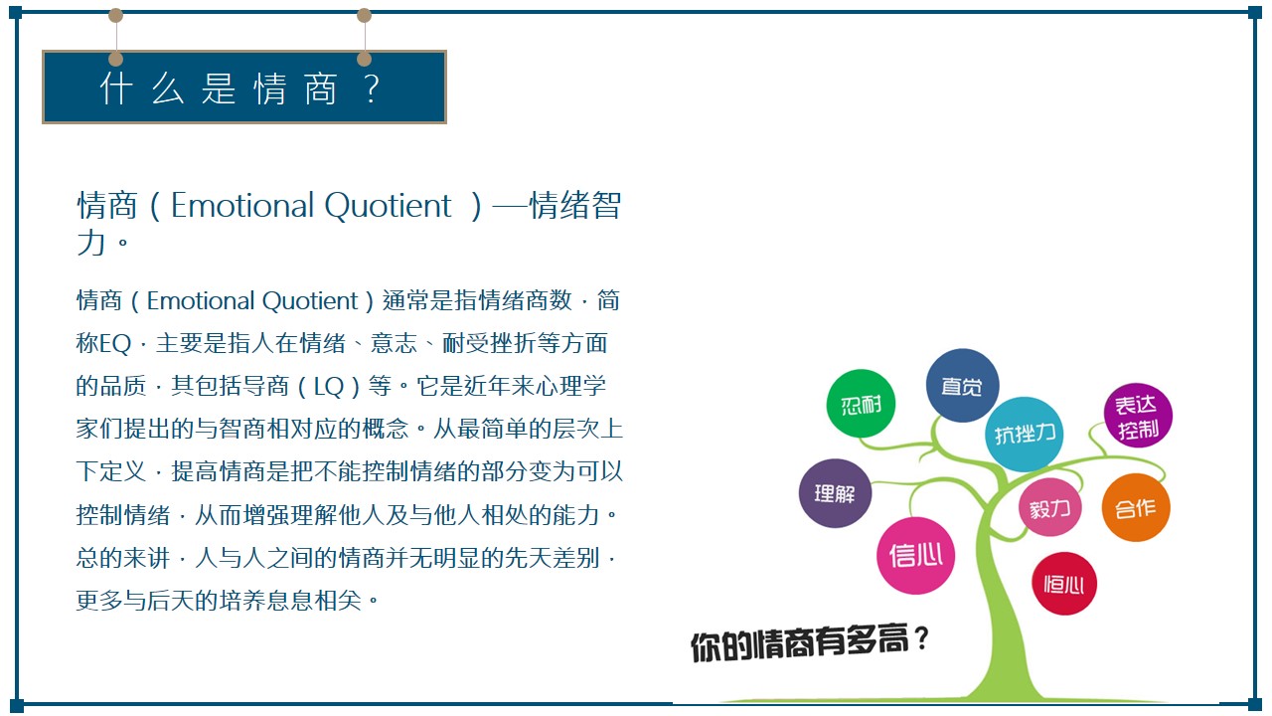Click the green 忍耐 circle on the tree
click(861, 404)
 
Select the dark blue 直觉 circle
click(962, 385)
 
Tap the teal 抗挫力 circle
click(1024, 435)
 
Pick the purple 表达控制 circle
click(1138, 416)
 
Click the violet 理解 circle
click(835, 492)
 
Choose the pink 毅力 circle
click(1049, 507)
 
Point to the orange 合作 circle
click(1136, 507)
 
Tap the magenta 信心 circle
click(915, 555)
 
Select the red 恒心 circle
click(1063, 584)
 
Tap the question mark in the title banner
click(372, 89)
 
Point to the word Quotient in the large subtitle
click(388, 205)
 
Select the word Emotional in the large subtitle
click(241, 205)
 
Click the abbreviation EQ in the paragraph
click(115, 344)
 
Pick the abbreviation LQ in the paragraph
click(329, 387)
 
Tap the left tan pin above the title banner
click(115, 15)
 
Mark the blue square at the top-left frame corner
click(15, 13)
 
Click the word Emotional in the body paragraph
click(201, 300)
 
